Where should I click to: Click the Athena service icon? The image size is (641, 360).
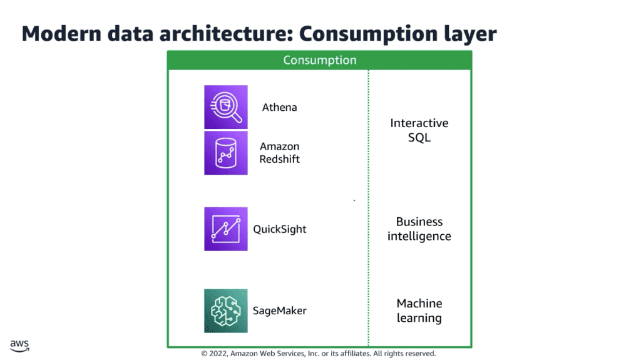[225, 107]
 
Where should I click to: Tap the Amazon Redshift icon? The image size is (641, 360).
[225, 153]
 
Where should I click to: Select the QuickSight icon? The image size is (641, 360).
[225, 229]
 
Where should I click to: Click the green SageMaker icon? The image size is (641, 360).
[225, 311]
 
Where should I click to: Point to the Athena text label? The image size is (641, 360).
[280, 107]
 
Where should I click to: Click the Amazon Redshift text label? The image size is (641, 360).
[280, 153]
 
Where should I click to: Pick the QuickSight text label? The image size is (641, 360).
[280, 229]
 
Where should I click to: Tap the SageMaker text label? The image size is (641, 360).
[280, 311]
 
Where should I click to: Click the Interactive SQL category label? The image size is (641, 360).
[419, 130]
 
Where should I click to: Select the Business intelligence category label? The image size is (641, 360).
[419, 229]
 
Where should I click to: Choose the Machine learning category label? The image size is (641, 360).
[419, 311]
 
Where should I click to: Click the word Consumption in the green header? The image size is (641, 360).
[320, 60]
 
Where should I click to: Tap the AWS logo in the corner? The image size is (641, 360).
[19, 346]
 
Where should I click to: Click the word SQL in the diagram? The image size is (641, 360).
[419, 138]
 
